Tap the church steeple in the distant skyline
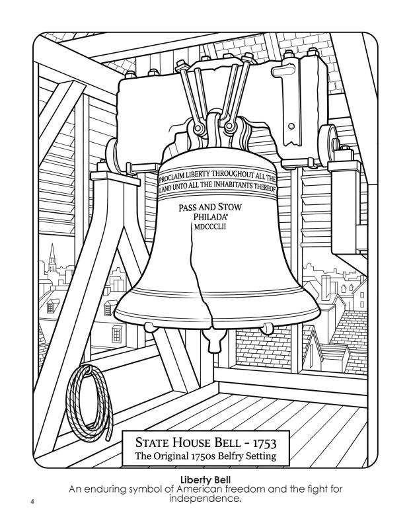(52, 258)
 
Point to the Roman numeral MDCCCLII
(210, 227)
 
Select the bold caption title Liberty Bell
(205, 479)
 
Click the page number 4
(32, 501)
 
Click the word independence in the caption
(205, 498)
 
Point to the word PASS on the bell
(187, 208)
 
